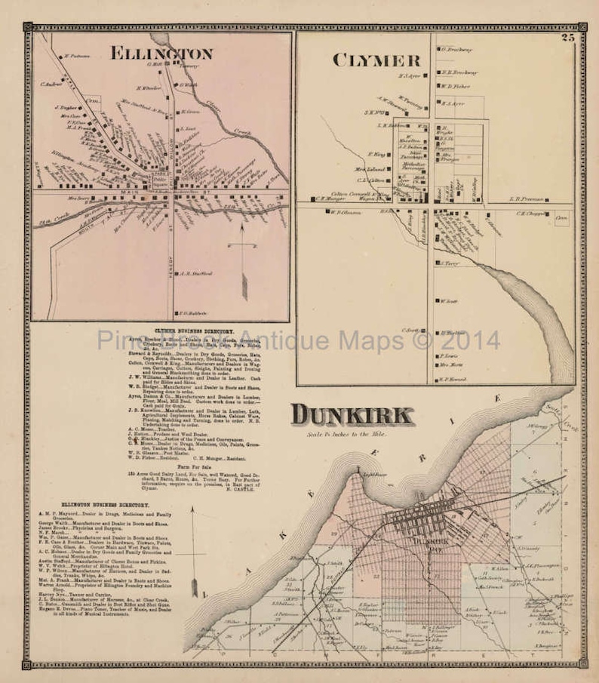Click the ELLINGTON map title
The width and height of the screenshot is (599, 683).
(x=161, y=53)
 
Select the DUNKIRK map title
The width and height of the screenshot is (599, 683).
(x=352, y=415)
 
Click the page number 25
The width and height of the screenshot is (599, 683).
(x=567, y=38)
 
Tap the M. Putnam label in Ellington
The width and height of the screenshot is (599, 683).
(x=76, y=56)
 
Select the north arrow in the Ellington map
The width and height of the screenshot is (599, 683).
(x=243, y=257)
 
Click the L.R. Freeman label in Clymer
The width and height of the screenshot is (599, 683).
(x=527, y=198)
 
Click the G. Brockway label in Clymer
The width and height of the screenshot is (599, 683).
(x=456, y=50)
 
